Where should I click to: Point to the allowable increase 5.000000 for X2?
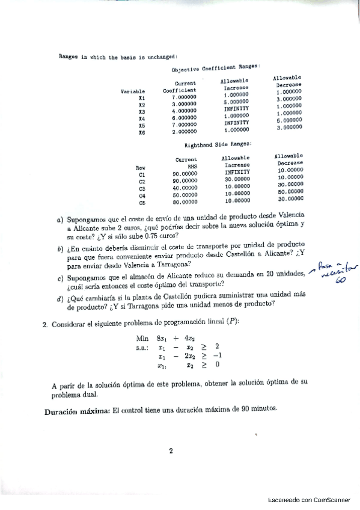coord(236,102)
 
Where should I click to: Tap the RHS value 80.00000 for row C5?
coord(185,202)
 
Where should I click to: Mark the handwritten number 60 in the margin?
coord(340,280)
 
